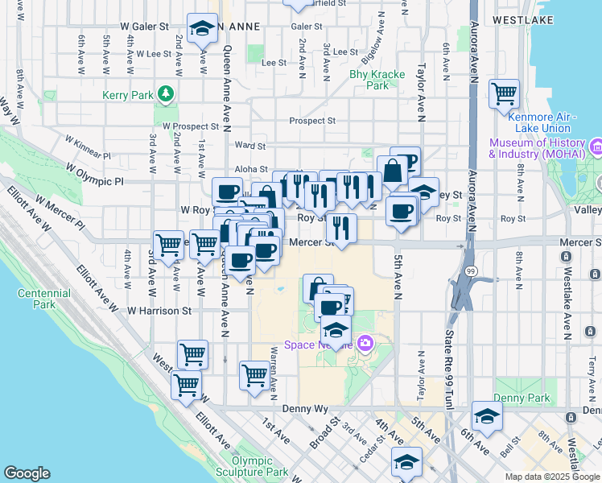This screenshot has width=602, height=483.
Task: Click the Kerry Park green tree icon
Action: (x=167, y=94)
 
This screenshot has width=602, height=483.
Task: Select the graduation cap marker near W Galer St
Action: (x=201, y=29)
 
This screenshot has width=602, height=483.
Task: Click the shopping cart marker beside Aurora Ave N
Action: (x=504, y=93)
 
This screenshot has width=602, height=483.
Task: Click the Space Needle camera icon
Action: (x=365, y=345)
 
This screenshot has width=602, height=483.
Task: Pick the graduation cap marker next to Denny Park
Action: (x=487, y=416)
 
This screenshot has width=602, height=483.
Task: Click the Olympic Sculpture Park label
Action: (x=254, y=466)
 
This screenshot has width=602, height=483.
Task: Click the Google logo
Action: (x=27, y=473)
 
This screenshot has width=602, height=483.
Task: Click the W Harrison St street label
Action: (x=159, y=310)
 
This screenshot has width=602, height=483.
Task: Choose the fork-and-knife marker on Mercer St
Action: (x=342, y=229)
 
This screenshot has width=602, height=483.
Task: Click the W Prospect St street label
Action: (x=190, y=126)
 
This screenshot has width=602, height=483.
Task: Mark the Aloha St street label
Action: (x=249, y=169)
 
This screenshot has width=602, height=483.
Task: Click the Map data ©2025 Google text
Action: (x=551, y=476)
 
